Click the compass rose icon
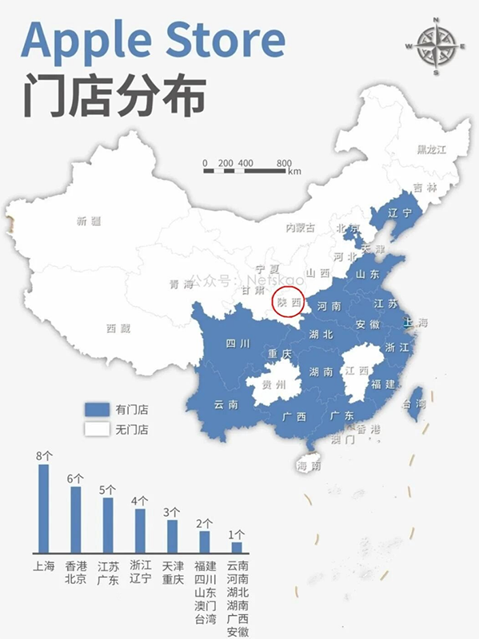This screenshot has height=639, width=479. (436, 46)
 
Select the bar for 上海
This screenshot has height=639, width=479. (43, 509)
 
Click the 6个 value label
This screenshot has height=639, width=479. (75, 478)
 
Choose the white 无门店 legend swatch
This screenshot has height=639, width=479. (96, 429)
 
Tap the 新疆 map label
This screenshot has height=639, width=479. (89, 221)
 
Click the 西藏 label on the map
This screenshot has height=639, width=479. (118, 327)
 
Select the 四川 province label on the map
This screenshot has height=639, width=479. (238, 344)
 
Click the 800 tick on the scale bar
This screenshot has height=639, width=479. (284, 163)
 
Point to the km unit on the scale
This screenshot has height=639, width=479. (295, 172)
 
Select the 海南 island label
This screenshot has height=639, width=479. (308, 465)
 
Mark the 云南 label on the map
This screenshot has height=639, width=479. (226, 405)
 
